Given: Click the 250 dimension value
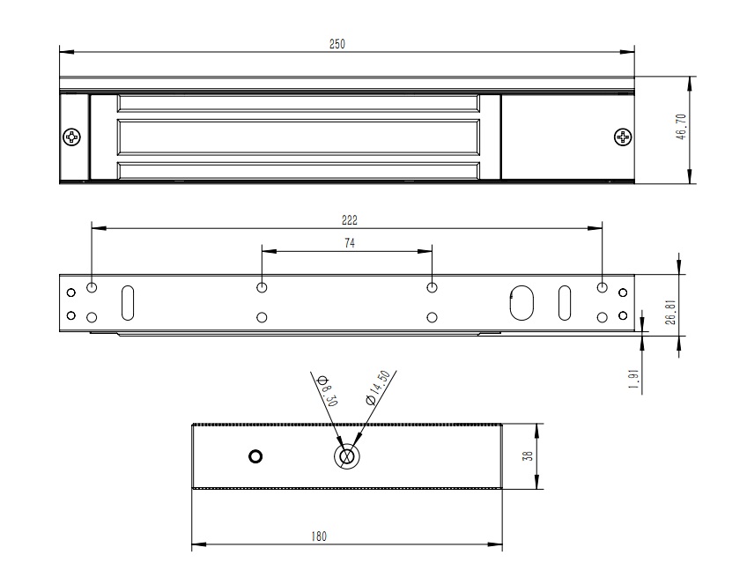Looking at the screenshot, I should [337, 44].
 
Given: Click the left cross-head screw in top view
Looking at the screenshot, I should [72, 137].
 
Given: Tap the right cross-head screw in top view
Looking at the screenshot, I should [623, 137].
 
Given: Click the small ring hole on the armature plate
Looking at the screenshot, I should [255, 456].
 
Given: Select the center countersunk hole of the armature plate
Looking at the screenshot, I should [346, 456].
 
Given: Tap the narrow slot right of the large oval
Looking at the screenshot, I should [564, 301].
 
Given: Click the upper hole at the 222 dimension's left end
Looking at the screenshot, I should [92, 287].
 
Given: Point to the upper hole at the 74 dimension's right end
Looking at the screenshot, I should [432, 287].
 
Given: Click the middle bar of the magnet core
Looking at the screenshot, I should [299, 137].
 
